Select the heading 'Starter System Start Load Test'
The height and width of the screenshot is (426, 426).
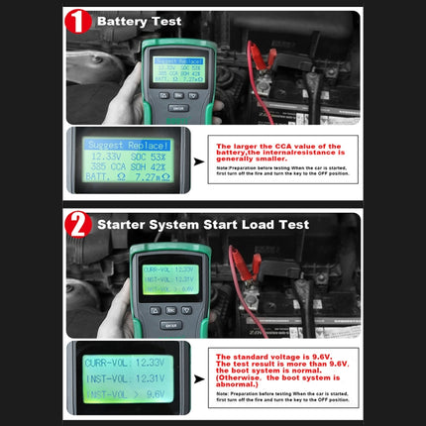pyautogui.click(x=203, y=225)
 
